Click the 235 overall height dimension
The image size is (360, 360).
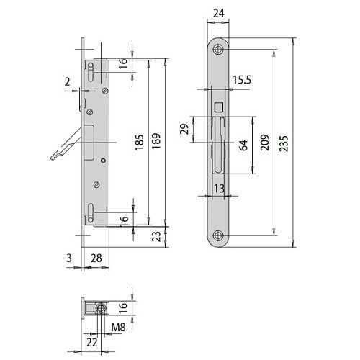pyautogui.click(x=284, y=143)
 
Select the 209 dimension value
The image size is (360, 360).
pyautogui.click(x=265, y=143)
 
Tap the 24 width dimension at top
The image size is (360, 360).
pyautogui.click(x=219, y=13)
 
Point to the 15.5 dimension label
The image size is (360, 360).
pyautogui.click(x=242, y=80)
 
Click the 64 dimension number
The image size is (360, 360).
pyautogui.click(x=243, y=145)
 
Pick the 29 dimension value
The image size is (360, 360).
pyautogui.click(x=184, y=129)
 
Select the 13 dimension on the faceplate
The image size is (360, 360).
pyautogui.click(x=219, y=189)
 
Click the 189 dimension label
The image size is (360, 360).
pyautogui.click(x=156, y=141)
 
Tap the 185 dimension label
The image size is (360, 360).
pyautogui.click(x=139, y=143)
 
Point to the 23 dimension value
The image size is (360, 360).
pyautogui.click(x=156, y=236)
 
